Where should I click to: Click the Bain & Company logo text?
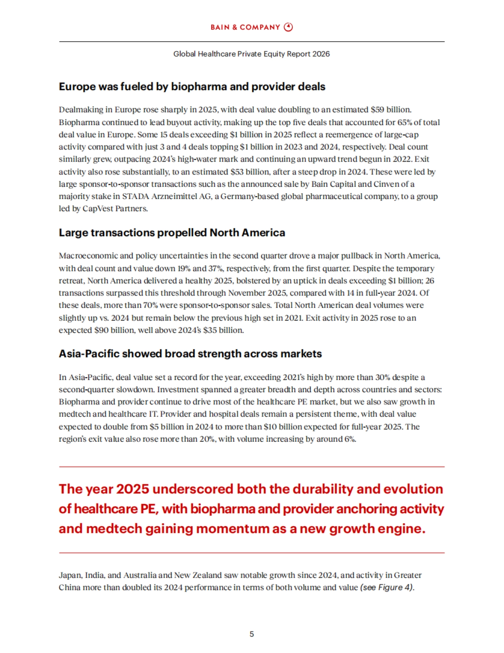coord(245,27)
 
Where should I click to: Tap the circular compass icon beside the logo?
coord(289,27)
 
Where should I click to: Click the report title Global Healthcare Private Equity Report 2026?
coord(252,54)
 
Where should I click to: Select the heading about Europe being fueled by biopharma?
coord(192,87)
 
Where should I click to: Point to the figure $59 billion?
coord(391,110)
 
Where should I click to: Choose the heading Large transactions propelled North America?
coord(172,233)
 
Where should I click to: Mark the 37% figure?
coord(215,268)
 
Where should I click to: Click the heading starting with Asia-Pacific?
coord(190,354)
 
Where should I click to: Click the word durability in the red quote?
coord(322,489)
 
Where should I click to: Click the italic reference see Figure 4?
coord(386,587)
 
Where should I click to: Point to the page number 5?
coord(252,634)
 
